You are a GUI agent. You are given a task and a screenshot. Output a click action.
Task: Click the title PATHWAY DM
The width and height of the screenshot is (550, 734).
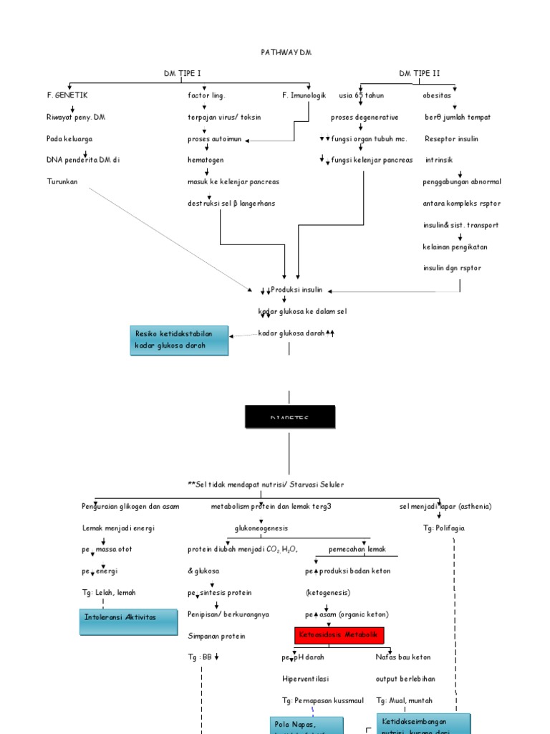[x=285, y=52]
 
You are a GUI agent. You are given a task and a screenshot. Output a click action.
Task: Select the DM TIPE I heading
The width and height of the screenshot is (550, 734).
[x=182, y=73]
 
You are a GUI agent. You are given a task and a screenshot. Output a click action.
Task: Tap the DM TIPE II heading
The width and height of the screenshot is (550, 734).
[x=420, y=73]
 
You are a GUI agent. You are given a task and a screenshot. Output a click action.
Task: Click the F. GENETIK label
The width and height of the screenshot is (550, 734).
[x=67, y=95]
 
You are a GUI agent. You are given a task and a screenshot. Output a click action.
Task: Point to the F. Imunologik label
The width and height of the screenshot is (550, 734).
[x=304, y=95]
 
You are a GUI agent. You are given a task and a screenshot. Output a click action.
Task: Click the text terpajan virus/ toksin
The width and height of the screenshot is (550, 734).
[x=224, y=117]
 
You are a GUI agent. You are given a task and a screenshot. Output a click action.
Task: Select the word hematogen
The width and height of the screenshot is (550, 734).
[x=206, y=160]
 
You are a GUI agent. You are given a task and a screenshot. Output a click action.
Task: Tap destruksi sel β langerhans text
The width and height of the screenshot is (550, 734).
[x=231, y=204]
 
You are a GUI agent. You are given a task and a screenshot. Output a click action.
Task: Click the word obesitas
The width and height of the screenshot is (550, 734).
[x=437, y=95]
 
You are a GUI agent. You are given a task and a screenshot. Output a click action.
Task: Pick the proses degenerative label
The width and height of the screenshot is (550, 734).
[x=365, y=117]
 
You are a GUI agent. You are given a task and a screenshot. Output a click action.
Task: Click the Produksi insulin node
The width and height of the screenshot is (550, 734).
[x=296, y=290]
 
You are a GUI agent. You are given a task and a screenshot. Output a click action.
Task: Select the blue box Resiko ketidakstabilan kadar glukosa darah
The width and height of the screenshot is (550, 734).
[x=179, y=340]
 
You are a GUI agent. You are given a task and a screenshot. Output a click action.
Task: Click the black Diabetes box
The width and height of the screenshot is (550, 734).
[x=289, y=416]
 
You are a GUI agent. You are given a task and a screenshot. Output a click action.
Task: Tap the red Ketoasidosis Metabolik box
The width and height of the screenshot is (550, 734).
[x=339, y=635]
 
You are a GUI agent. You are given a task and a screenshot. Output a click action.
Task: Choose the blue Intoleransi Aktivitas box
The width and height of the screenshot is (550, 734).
[x=129, y=621]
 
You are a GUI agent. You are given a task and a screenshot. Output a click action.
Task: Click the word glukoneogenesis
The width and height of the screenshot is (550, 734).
[x=261, y=528]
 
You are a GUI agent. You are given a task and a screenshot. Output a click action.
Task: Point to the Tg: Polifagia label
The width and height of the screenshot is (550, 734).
[x=444, y=528]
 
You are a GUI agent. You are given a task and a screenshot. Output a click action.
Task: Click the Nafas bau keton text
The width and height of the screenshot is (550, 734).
[x=403, y=657]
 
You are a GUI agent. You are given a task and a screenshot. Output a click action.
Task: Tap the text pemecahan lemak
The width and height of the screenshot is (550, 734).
[x=357, y=549]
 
